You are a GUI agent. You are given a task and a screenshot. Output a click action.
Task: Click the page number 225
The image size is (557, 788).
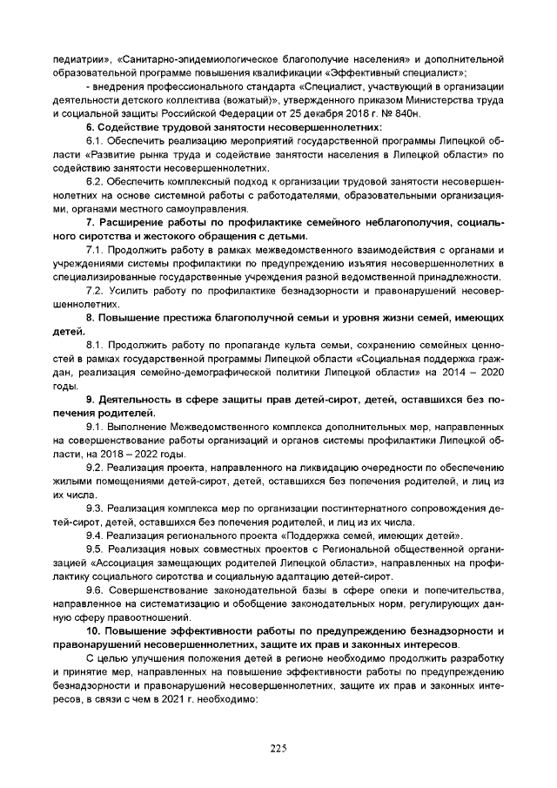pyautogui.click(x=278, y=748)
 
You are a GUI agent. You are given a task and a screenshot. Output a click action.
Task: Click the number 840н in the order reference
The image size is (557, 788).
pyautogui.click(x=406, y=114)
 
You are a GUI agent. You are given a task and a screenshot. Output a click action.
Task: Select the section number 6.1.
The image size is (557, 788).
pyautogui.click(x=95, y=141)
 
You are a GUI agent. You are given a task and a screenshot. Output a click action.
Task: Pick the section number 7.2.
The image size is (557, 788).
pyautogui.click(x=95, y=290)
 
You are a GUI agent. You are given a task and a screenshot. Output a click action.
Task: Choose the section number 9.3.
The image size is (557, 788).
pyautogui.click(x=95, y=508)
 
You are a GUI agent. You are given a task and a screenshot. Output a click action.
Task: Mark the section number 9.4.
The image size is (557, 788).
pyautogui.click(x=95, y=535)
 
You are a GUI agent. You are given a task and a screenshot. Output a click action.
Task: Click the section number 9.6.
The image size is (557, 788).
pyautogui.click(x=95, y=589)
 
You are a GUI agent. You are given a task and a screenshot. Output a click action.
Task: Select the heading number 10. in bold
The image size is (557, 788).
pyautogui.click(x=95, y=630)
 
